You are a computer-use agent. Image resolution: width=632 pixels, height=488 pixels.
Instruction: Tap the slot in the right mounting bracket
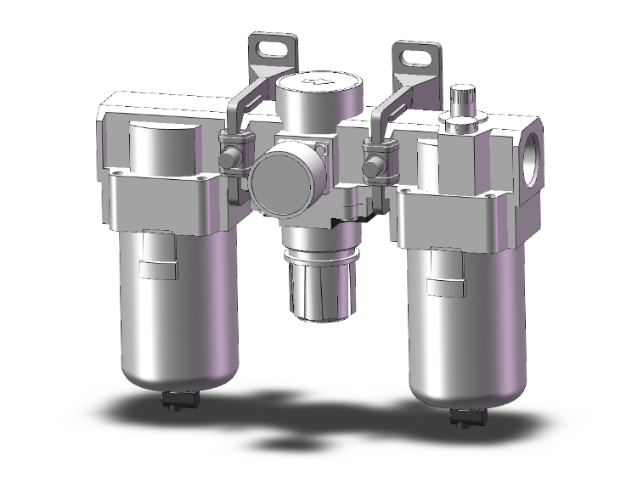419,56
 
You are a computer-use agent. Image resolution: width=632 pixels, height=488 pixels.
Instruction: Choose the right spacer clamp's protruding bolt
372,166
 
